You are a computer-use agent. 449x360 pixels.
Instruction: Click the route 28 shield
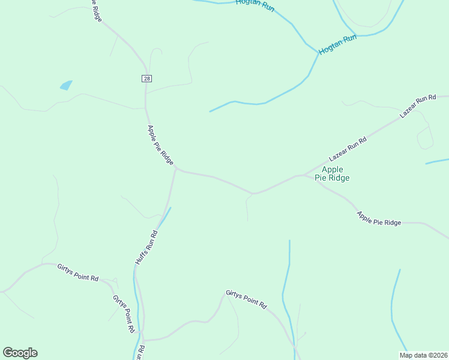tap(146, 79)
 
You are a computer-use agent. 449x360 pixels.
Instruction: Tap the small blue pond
tap(66, 85)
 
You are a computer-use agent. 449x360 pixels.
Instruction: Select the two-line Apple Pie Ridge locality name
tap(332, 173)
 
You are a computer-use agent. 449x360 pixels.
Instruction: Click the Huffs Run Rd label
tap(146, 248)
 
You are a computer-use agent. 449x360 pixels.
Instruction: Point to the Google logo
tap(20, 353)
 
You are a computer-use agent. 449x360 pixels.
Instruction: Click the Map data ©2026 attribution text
tap(423, 355)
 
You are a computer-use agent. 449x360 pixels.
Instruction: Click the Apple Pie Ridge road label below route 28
tap(160, 145)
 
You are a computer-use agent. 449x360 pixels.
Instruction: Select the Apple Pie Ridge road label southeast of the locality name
tap(379, 218)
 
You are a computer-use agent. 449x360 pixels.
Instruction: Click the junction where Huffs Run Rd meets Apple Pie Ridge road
tap(175, 170)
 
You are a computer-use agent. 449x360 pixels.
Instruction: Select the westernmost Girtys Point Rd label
tap(78, 272)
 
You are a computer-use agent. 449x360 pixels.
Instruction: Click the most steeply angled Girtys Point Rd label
tap(124, 314)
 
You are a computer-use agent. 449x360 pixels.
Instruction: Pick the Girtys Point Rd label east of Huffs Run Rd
tap(246, 299)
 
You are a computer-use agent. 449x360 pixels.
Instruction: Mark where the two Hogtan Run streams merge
tap(318, 53)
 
